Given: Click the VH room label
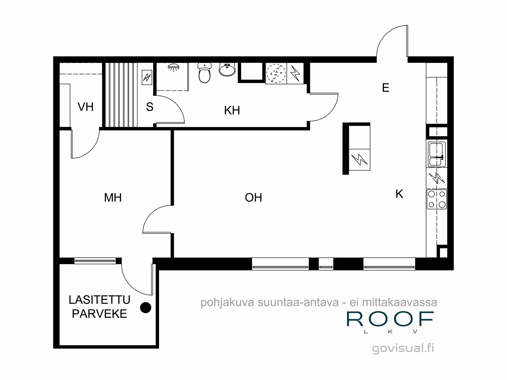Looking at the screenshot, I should click(x=85, y=107).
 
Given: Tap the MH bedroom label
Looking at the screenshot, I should click(x=113, y=198).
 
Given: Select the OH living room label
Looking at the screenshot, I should click(x=253, y=198).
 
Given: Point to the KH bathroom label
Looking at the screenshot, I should click(x=232, y=110).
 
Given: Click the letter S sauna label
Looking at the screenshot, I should click(x=150, y=107).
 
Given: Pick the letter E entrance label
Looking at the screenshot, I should click(x=386, y=88).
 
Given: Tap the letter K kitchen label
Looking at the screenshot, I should click(x=399, y=194).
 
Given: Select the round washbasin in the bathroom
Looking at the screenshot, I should click(x=227, y=70).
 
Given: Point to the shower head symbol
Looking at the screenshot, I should click(x=173, y=67).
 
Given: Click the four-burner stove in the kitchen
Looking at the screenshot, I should click(x=437, y=199).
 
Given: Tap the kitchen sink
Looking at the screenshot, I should click(x=436, y=154).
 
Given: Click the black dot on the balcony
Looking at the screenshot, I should click(x=146, y=308).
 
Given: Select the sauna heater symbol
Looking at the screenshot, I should click(x=147, y=77).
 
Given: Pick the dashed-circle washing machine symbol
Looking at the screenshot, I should click(x=276, y=73).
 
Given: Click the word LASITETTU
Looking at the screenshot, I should click(x=99, y=300).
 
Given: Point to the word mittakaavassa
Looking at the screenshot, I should click(x=400, y=302).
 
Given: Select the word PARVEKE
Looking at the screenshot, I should click(x=99, y=314).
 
